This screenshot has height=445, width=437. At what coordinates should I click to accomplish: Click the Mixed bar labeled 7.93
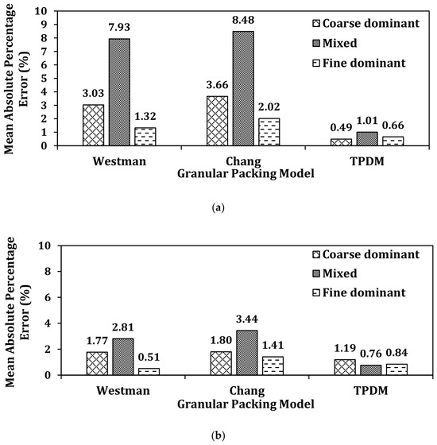point(119,92)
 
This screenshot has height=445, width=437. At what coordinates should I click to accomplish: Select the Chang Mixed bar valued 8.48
point(243,88)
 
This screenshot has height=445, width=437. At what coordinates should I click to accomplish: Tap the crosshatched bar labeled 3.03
point(94,126)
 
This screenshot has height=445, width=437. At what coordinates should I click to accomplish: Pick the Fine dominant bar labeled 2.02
point(269,132)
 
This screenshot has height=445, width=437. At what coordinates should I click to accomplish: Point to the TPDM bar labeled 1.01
point(367,139)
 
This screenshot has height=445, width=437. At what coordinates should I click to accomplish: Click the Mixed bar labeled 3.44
point(247,353)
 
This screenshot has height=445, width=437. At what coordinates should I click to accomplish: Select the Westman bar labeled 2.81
point(123,357)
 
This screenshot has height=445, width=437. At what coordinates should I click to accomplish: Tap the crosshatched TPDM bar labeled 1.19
point(345,367)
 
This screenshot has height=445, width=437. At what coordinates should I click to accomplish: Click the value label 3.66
point(217,85)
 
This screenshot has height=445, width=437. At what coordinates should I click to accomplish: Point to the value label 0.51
point(149,357)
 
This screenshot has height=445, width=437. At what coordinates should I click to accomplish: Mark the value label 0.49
point(341,127)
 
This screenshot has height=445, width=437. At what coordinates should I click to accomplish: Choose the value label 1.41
point(273,345)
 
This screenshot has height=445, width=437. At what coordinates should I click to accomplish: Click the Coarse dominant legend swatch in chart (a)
point(316,23)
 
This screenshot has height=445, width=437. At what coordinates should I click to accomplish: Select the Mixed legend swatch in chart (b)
point(316,273)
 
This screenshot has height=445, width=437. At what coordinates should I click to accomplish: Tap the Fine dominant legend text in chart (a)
point(364,63)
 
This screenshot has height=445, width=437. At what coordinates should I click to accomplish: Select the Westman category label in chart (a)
point(119,161)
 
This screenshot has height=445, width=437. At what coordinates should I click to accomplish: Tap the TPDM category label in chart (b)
point(370,390)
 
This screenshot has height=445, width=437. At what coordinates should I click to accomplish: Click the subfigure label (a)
point(218,208)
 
